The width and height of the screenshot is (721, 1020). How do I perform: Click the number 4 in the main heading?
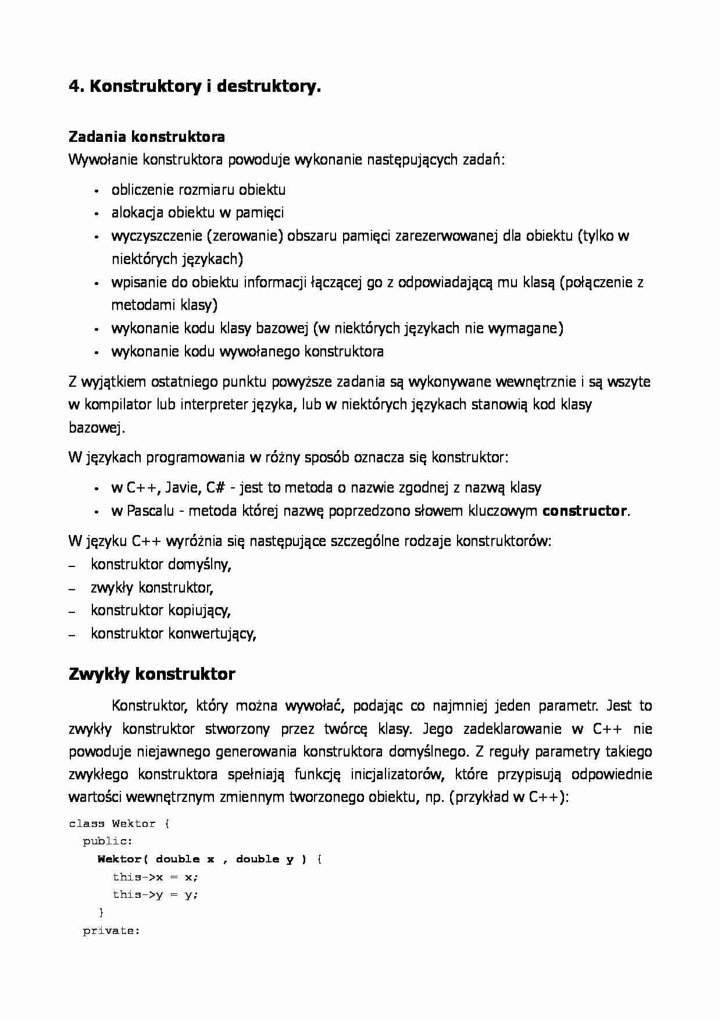pos(73,87)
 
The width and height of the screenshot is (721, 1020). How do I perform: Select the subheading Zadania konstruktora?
pos(147,137)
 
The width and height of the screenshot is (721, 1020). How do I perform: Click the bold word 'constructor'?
pos(584,511)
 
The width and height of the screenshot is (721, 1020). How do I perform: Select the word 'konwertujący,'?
pos(212,633)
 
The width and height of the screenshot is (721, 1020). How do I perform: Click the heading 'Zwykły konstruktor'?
pos(152,675)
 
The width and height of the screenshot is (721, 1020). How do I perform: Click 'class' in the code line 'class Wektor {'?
pos(87,824)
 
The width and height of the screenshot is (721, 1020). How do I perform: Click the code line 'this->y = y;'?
pos(155,895)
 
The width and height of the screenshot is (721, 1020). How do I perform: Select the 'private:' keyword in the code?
pos(111,931)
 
